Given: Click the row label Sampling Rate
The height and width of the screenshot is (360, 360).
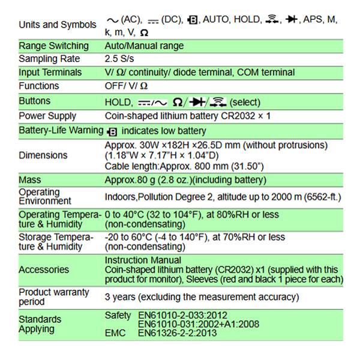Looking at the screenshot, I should (49, 59).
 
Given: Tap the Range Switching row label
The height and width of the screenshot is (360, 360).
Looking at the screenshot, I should (53, 46).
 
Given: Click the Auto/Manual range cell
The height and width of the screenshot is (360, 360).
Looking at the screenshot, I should (144, 46).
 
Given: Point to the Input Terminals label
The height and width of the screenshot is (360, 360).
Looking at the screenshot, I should (50, 73).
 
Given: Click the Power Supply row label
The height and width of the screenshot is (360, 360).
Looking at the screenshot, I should (47, 116).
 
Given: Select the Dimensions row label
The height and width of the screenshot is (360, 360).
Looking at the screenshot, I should (43, 155).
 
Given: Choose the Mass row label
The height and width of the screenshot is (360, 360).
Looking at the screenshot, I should (29, 180).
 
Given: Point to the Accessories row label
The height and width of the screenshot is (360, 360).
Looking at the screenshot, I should (44, 270).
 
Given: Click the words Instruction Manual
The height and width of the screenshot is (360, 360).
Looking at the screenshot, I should (143, 260).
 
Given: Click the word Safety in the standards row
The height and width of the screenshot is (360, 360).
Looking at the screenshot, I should (117, 315).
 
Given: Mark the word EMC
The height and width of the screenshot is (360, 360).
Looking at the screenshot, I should (115, 334).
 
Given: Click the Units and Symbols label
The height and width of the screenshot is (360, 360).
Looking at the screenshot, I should (58, 25).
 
